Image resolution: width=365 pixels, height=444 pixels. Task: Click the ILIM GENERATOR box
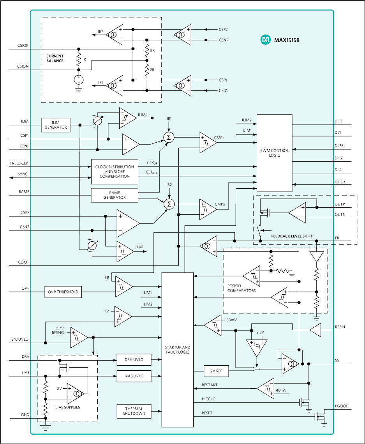(x=56, y=125)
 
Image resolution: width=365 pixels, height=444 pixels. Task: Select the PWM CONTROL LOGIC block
(x=274, y=153)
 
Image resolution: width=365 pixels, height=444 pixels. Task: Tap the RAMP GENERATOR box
(x=115, y=195)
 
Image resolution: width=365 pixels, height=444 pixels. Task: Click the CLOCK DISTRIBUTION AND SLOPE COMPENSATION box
(x=115, y=172)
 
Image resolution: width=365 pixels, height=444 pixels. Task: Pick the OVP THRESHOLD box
(x=63, y=292)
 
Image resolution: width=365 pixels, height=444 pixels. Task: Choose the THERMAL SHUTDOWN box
(x=134, y=411)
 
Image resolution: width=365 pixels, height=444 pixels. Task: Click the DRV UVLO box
(x=134, y=360)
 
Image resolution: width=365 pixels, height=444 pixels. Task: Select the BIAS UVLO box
(x=134, y=376)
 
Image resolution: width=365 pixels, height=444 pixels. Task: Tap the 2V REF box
(x=216, y=371)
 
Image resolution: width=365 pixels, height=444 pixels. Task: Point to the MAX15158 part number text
(x=286, y=40)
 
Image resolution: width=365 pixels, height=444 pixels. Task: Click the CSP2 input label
(x=223, y=29)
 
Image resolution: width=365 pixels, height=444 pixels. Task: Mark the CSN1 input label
(x=223, y=91)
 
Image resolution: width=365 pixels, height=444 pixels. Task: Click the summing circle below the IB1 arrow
(x=169, y=137)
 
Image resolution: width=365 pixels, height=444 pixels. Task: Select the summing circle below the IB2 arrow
(x=169, y=204)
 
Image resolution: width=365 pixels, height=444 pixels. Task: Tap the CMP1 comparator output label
(x=219, y=138)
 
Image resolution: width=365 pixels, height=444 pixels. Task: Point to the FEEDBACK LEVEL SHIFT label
(x=292, y=236)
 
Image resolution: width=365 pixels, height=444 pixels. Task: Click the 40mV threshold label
(x=281, y=390)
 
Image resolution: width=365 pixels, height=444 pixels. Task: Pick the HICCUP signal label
(x=208, y=399)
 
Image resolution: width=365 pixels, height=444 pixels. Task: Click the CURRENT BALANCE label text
(x=55, y=58)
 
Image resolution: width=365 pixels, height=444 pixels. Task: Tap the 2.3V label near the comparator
(x=260, y=332)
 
